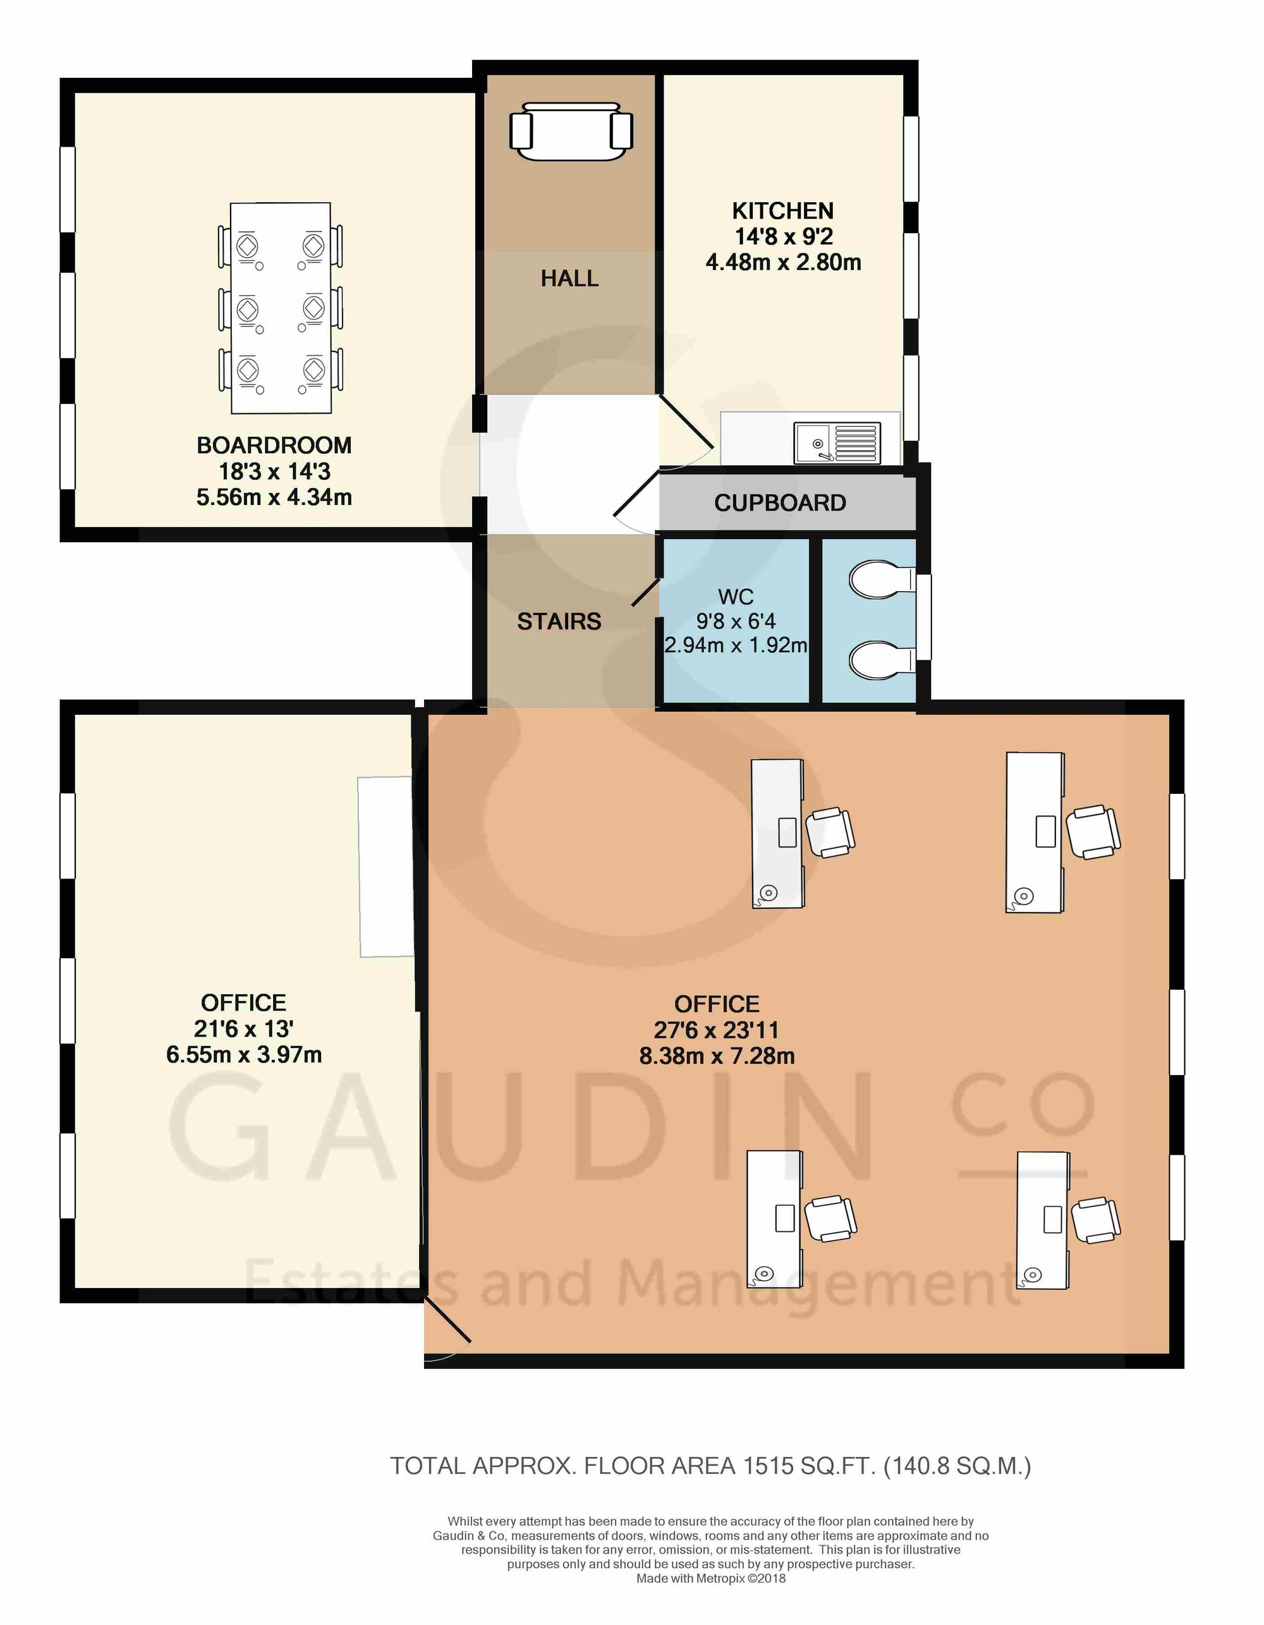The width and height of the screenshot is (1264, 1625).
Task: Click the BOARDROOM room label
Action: coord(274,446)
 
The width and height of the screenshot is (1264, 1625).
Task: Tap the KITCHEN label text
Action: coord(782,211)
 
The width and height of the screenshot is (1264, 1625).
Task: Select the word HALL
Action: coord(570,278)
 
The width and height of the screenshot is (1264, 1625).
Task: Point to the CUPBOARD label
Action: coord(780,503)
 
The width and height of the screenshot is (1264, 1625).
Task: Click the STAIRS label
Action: coord(559,621)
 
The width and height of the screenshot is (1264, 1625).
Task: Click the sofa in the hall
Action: coord(571,131)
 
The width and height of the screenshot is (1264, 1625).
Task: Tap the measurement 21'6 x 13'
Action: coord(243,1029)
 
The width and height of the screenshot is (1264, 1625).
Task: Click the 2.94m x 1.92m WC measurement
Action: coord(736,645)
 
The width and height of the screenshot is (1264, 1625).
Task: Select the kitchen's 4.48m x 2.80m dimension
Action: coord(784,263)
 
